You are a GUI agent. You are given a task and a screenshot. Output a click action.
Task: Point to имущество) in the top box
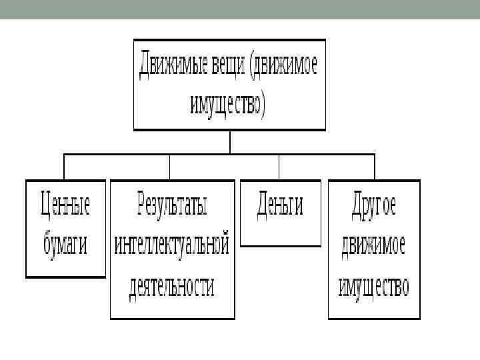229,105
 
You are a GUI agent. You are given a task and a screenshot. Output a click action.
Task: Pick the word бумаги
65,244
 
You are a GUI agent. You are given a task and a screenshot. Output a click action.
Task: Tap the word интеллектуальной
172,245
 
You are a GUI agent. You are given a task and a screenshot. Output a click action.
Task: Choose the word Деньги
279,205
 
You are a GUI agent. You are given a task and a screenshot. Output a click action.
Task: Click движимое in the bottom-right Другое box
373,245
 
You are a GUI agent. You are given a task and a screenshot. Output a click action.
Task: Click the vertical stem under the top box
229,142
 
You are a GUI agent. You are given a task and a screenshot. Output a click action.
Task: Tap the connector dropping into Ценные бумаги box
64,167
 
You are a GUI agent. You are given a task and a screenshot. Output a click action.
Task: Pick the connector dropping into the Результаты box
170,167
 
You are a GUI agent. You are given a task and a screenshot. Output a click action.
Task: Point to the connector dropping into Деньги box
279,167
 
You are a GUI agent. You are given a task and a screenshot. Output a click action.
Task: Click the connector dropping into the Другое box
374,167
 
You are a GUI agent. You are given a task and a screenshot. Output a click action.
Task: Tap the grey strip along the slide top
240,9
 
